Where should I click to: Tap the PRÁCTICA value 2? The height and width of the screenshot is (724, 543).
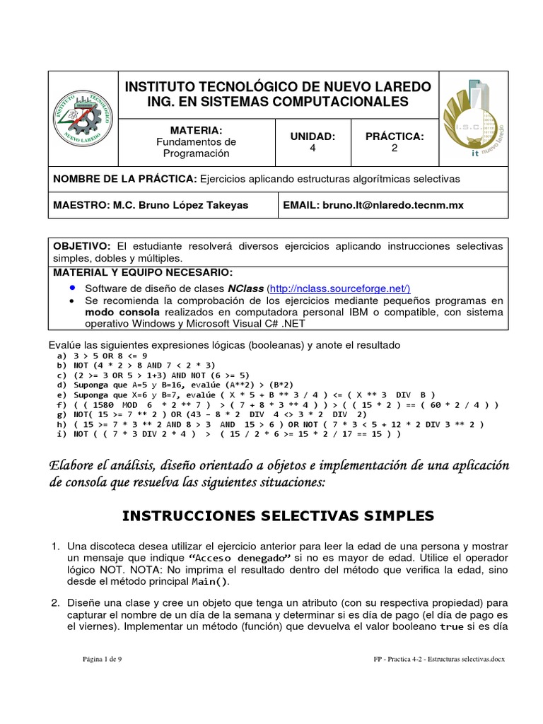tap(395, 148)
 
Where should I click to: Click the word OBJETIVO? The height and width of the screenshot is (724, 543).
tap(82, 245)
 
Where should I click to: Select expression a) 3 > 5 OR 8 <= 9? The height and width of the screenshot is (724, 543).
tap(103, 356)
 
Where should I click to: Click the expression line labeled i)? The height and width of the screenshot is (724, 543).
tap(228, 434)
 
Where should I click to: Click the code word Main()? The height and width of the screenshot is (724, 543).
tap(210, 582)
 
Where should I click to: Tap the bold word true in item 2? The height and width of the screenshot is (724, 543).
tap(451, 626)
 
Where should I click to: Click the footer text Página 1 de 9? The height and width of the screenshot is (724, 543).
tap(103, 659)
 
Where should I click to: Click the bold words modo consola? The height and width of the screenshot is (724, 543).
tap(117, 311)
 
